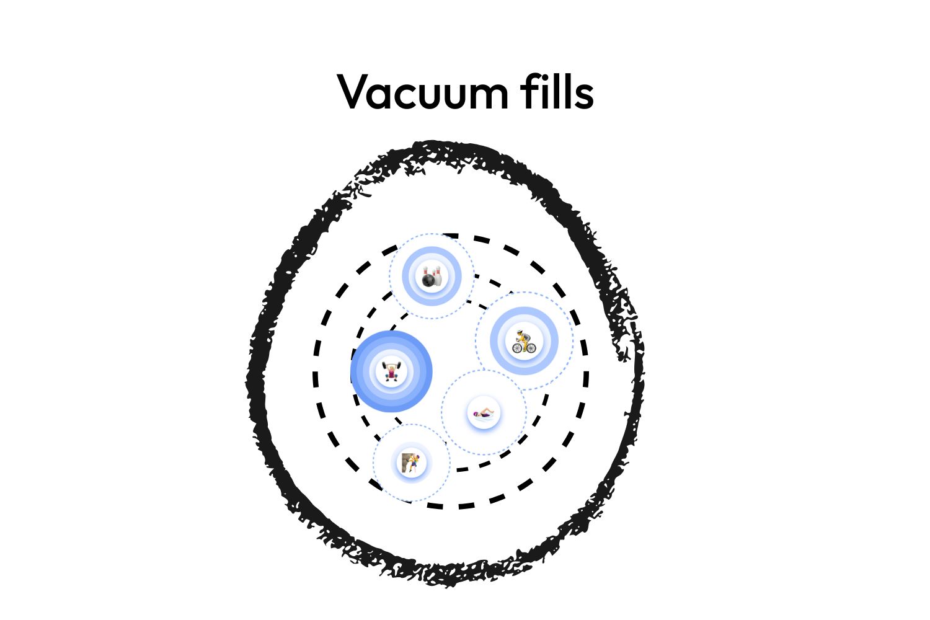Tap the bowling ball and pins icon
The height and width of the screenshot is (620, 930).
click(x=432, y=277)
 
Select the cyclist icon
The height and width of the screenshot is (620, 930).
click(x=524, y=342)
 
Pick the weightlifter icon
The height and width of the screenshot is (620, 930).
click(x=391, y=371)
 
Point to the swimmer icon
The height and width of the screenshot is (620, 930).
click(x=484, y=413)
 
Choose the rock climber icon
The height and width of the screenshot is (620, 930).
click(x=411, y=463)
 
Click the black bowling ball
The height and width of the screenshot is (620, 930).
click(x=428, y=281)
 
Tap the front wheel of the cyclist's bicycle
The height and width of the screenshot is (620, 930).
click(x=531, y=348)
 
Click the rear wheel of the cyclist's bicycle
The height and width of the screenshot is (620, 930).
click(x=517, y=348)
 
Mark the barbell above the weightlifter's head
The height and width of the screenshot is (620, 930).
click(x=391, y=365)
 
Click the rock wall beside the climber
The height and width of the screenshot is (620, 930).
click(x=406, y=461)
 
